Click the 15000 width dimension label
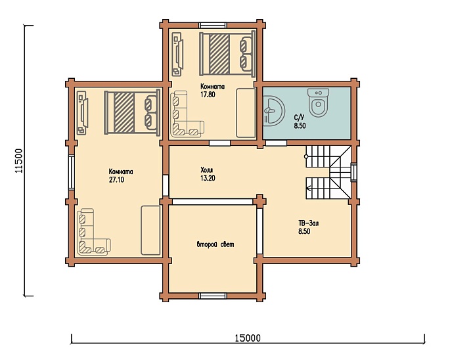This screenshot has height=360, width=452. pyautogui.click(x=248, y=338)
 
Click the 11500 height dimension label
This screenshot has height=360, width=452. pyautogui.click(x=19, y=161)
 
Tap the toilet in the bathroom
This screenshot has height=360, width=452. pyautogui.click(x=318, y=102)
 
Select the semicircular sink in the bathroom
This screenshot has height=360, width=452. pyautogui.click(x=274, y=111)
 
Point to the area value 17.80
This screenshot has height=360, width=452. pyautogui.click(x=208, y=95)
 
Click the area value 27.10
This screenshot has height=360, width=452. pyautogui.click(x=116, y=180)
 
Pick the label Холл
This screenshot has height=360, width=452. pyautogui.click(x=207, y=169)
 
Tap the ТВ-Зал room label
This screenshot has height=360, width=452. pyautogui.click(x=308, y=223)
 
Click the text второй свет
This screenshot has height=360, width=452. pyautogui.click(x=215, y=244)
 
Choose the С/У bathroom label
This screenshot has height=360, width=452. pyautogui.click(x=299, y=118)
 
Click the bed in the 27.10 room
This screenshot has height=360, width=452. pyautogui.click(x=132, y=112)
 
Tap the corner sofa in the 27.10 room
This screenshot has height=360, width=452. pyautogui.click(x=93, y=232)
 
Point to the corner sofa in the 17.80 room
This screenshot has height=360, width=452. pyautogui.click(x=187, y=114)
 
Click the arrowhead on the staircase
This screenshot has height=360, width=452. pyautogui.click(x=308, y=189)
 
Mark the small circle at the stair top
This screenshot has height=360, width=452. pyautogui.click(x=306, y=156)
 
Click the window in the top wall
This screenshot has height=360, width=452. pyautogui.click(x=213, y=25)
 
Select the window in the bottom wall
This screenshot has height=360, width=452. pyautogui.click(x=213, y=296)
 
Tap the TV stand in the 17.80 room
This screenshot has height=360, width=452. pyautogui.click(x=177, y=54)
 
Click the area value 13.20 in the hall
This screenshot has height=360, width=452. pyautogui.click(x=208, y=178)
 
